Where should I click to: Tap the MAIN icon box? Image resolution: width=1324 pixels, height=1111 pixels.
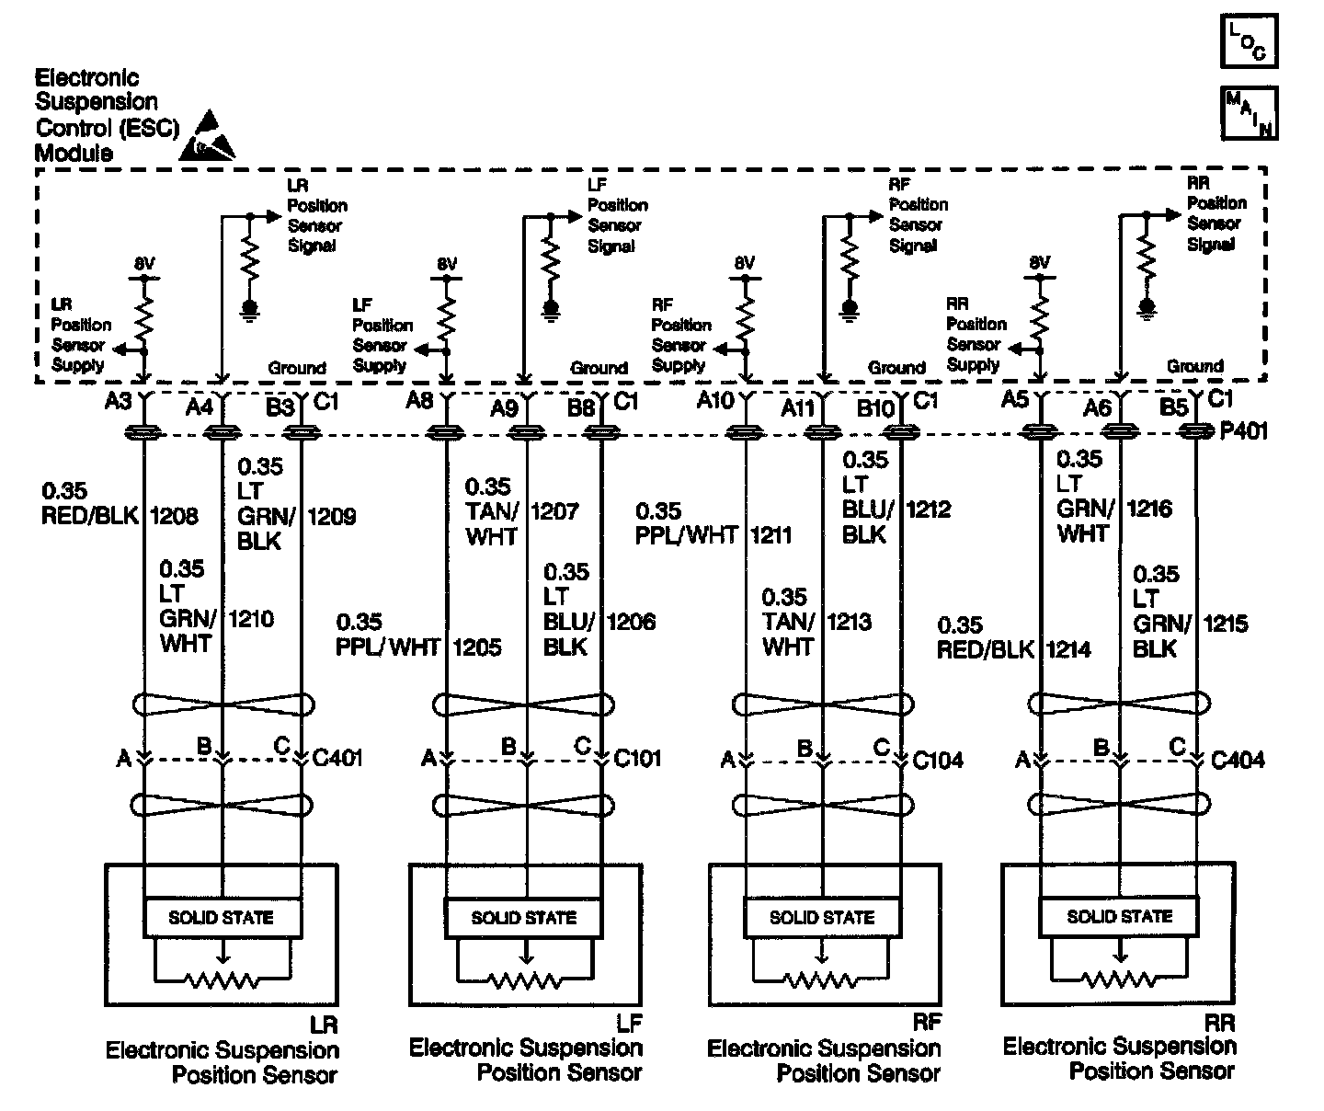pos(1249,112)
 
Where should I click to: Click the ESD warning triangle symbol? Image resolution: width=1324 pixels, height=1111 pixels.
pos(203,141)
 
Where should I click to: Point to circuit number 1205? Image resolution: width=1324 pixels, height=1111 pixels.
pos(476,647)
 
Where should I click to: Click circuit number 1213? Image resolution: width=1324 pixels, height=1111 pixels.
pos(849,623)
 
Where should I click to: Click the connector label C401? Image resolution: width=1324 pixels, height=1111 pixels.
pos(337,759)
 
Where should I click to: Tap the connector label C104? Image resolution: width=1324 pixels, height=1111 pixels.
pos(938,760)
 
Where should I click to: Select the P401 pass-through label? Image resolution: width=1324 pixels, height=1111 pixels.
pos(1243,430)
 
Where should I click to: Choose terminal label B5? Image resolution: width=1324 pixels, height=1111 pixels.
pos(1174,406)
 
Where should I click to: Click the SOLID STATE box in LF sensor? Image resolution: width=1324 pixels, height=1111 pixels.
pos(523,917)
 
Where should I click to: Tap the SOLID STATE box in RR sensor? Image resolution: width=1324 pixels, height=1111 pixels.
pos(1119,916)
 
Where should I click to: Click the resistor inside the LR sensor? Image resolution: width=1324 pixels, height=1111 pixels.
pos(222,980)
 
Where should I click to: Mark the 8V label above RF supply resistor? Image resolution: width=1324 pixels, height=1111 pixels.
pos(744,263)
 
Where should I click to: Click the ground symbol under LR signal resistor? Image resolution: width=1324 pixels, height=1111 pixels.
pos(249,308)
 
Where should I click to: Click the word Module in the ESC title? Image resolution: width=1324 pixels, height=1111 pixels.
pos(74,153)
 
